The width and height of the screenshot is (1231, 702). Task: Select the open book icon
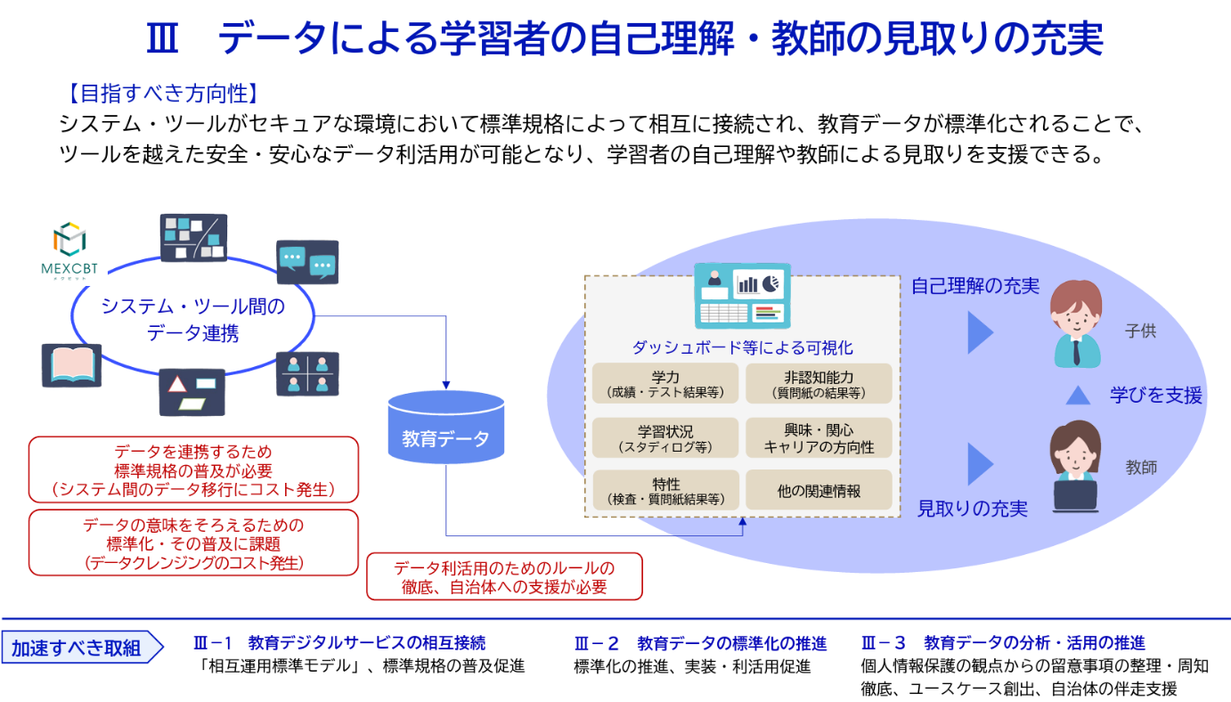tap(72, 365)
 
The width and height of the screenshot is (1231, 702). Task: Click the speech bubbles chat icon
tap(307, 262)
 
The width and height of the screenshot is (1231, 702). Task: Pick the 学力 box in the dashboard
tap(665, 383)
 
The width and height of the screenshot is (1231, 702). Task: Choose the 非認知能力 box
tap(819, 383)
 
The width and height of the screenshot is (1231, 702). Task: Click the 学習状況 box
tap(665, 437)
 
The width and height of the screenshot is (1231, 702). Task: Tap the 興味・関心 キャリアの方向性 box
tap(819, 437)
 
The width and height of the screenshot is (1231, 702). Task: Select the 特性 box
tap(665, 490)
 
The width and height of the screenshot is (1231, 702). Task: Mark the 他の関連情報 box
tap(819, 490)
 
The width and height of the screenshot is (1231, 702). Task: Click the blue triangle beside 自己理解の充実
tap(980, 332)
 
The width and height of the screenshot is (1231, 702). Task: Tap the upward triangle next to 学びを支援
tap(1078, 395)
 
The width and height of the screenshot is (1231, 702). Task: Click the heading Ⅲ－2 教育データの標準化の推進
tap(700, 643)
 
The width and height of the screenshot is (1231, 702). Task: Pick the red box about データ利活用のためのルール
tap(504, 576)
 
